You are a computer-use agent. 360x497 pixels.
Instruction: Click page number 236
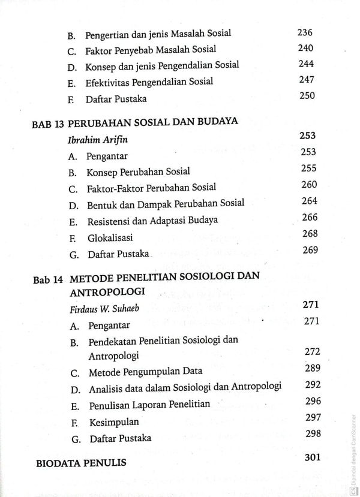pyautogui.click(x=305, y=33)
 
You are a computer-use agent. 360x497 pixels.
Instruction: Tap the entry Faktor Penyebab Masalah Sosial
pyautogui.click(x=150, y=50)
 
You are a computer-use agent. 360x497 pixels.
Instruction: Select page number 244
pyautogui.click(x=305, y=64)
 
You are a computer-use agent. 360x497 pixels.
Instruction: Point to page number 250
pyautogui.click(x=306, y=95)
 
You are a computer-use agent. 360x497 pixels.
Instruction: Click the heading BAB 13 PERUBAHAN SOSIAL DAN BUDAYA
pyautogui.click(x=135, y=121)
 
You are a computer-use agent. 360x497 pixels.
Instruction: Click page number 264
pyautogui.click(x=310, y=201)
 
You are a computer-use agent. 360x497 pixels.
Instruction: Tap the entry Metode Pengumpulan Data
pyautogui.click(x=145, y=372)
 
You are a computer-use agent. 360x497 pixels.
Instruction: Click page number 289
pyautogui.click(x=312, y=368)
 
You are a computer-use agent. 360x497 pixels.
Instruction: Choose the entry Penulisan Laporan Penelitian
pyautogui.click(x=149, y=405)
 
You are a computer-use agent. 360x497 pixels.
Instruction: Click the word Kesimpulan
pyautogui.click(x=113, y=421)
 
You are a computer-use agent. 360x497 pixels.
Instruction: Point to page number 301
pyautogui.click(x=313, y=457)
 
